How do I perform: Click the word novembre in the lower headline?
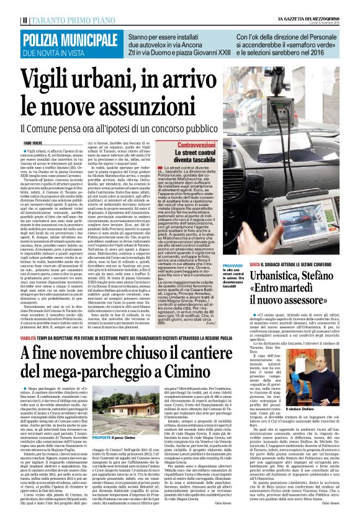tap(100, 336)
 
